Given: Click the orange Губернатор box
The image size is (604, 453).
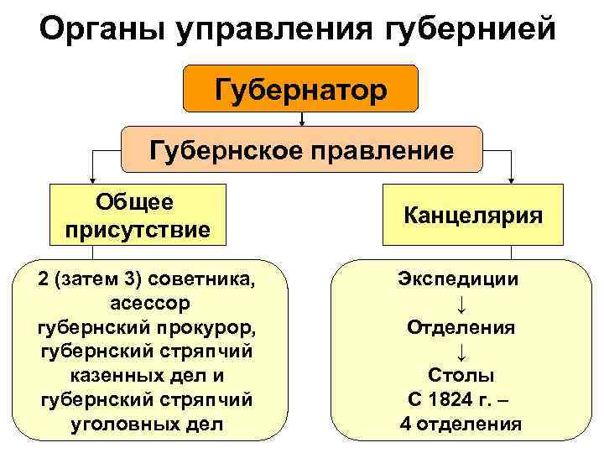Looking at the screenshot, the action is [x=300, y=88].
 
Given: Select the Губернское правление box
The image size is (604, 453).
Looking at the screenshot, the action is [x=302, y=150].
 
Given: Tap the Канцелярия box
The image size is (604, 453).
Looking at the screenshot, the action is [x=473, y=216].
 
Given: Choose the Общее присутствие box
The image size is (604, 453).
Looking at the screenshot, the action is [x=137, y=216].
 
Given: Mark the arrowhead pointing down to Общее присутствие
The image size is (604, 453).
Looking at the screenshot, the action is [x=92, y=180].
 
